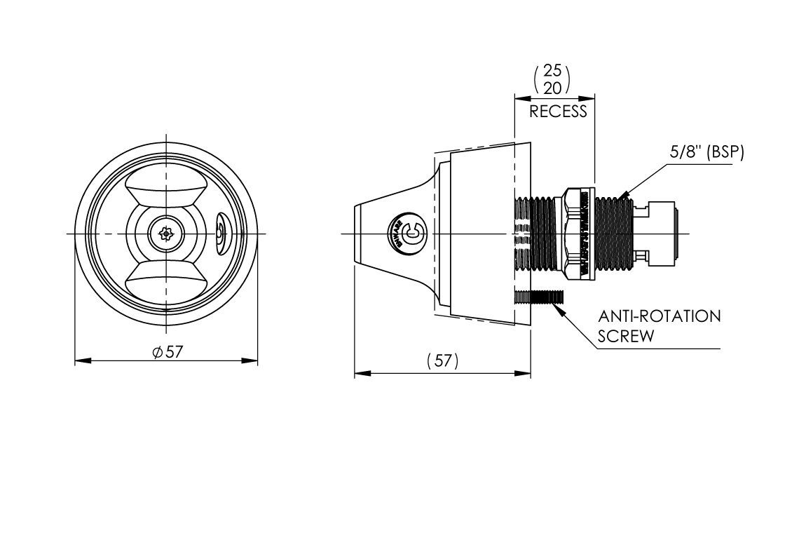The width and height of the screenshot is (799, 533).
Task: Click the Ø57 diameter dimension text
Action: coord(166,352)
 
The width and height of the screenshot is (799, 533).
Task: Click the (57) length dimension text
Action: coord(442,361)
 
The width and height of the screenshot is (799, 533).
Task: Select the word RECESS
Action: coord(558,112)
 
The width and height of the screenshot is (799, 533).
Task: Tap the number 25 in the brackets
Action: coord(552,72)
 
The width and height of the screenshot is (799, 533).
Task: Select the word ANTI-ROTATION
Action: coord(660,316)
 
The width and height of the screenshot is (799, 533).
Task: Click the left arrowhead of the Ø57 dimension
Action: coord(79,361)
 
